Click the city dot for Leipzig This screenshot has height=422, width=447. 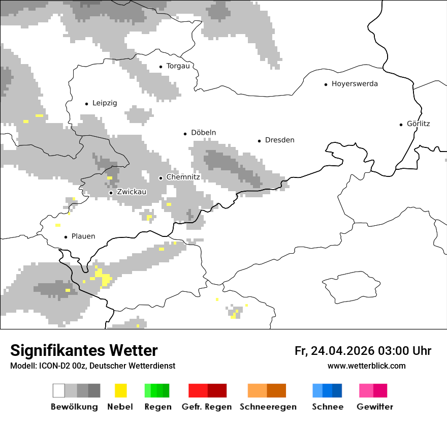86,104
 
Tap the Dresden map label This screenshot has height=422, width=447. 279,140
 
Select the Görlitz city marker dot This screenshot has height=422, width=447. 401,124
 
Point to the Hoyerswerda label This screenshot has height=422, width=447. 355,84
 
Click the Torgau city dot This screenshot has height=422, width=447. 161,67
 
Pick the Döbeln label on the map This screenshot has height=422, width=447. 203,133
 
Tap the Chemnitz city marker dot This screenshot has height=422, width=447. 161,178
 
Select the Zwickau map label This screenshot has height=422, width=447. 132,192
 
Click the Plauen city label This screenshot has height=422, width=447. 83,236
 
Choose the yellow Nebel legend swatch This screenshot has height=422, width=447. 120,390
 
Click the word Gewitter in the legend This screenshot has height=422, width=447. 375,407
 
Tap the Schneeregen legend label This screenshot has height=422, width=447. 268,407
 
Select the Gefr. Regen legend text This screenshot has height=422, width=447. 207,407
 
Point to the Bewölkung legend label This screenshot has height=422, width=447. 74,407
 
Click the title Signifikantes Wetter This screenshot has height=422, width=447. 84,351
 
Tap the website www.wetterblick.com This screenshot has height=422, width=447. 367,366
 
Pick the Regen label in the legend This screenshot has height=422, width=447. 157,407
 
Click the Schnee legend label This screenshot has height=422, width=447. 328,407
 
